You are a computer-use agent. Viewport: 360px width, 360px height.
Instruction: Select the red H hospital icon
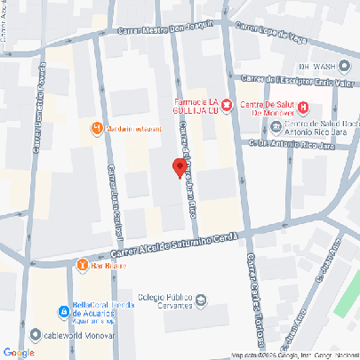point(302,108)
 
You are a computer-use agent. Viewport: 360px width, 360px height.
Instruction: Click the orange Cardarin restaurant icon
point(97,129)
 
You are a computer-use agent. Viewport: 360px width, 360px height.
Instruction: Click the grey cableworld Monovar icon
point(34,335)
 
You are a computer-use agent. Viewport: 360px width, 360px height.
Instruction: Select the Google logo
point(19,353)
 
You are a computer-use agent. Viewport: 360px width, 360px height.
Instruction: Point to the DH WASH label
point(318,66)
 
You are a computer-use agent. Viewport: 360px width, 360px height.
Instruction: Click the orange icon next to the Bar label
point(82,264)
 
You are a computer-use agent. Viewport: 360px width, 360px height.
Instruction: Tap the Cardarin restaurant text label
point(133,129)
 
